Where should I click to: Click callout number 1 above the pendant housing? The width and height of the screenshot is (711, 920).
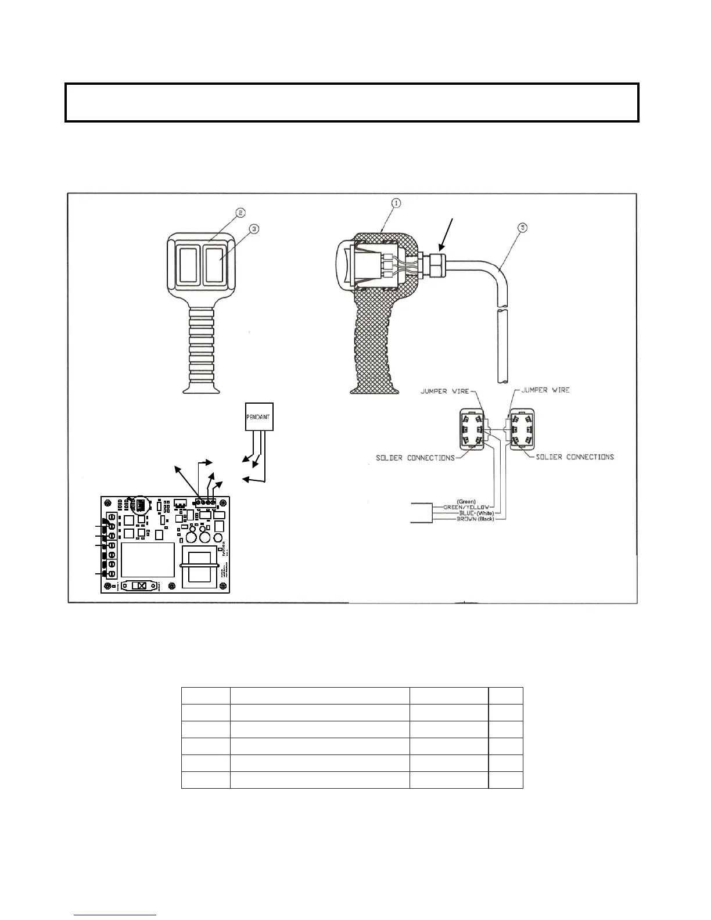pyautogui.click(x=396, y=203)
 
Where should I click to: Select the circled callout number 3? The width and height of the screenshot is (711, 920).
pyautogui.click(x=253, y=229)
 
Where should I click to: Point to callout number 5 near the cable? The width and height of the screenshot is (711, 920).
pyautogui.click(x=523, y=228)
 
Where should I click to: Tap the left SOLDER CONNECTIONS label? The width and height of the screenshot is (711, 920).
pyautogui.click(x=415, y=458)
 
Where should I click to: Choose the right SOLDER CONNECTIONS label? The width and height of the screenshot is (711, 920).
pyautogui.click(x=574, y=457)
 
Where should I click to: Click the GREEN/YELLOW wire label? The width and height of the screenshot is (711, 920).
pyautogui.click(x=466, y=507)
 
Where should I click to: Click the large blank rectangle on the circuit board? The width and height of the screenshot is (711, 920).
pyautogui.click(x=148, y=559)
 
